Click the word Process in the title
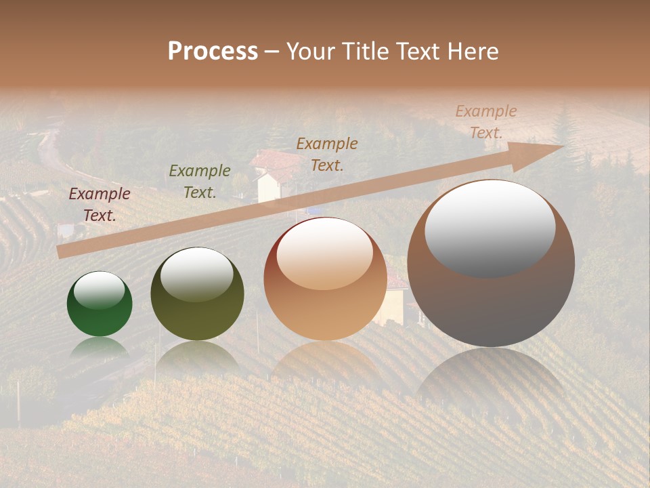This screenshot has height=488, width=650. click(213, 52)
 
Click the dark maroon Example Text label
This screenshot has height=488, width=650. click(100, 205)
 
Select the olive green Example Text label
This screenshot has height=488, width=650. click(199, 182)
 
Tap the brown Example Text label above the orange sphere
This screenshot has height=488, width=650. click(327, 154)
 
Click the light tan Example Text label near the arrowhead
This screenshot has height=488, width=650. click(485, 122)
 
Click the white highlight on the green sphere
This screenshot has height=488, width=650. click(99, 291)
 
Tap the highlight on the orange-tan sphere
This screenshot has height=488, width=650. click(324, 253)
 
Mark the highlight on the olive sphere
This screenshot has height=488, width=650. click(197, 274)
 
